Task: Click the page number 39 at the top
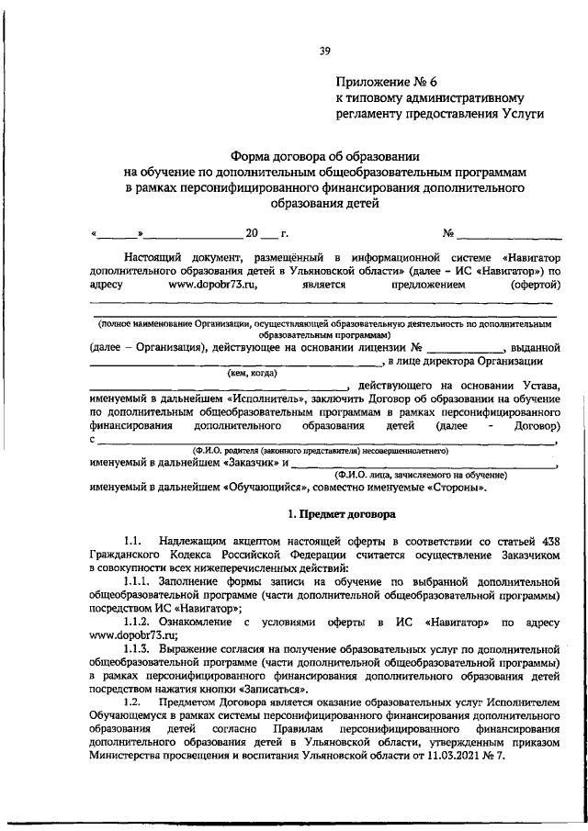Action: [324, 51]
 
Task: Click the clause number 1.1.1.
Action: [141, 582]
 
